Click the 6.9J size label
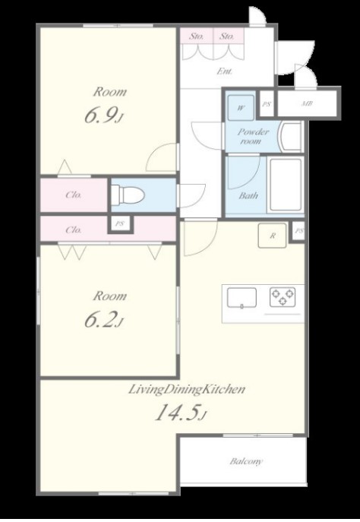point(104,115)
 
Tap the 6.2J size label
point(104,320)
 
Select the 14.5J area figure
point(181,413)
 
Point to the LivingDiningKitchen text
point(187,389)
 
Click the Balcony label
point(246,461)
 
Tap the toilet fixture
point(128,195)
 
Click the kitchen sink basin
point(242,297)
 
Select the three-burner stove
point(283,297)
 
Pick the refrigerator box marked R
point(272,236)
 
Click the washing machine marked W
point(241,108)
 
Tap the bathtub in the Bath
point(286,185)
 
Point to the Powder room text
point(253,137)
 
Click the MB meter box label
point(307,103)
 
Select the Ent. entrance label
point(225,71)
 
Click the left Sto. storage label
point(196,36)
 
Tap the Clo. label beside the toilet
point(74,195)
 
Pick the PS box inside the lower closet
point(120,224)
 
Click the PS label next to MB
point(266,104)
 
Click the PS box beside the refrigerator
point(298,230)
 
